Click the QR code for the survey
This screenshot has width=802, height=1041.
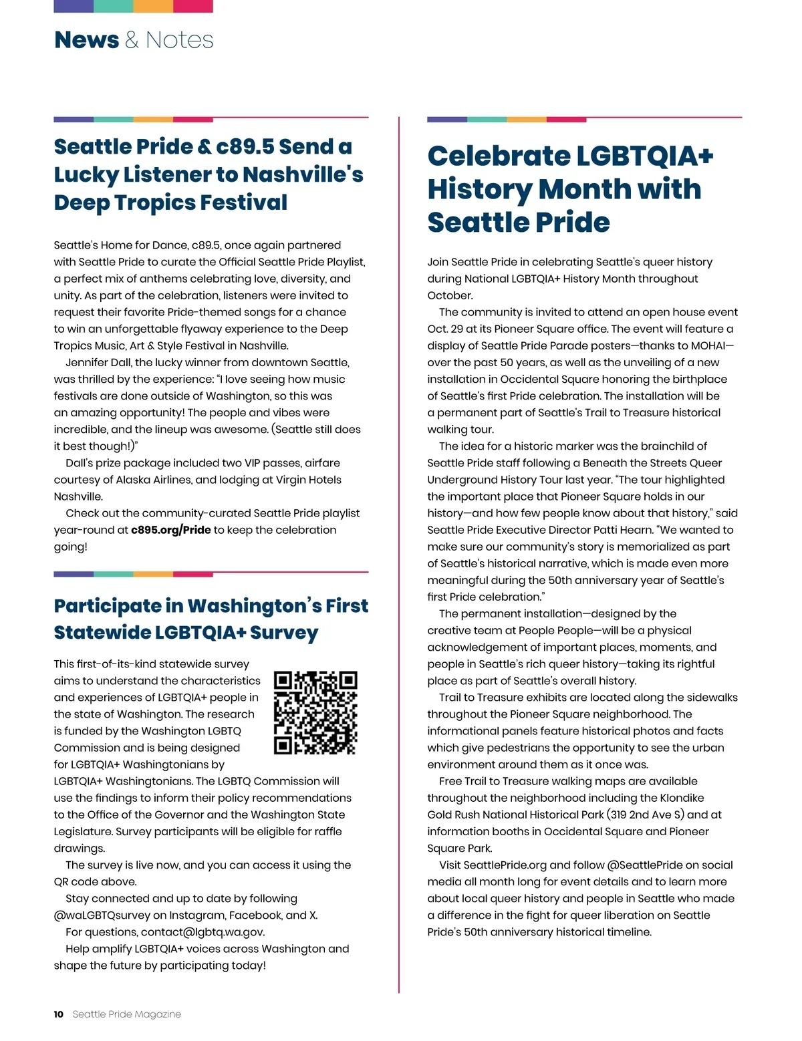click(x=315, y=712)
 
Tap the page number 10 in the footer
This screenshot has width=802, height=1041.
click(x=59, y=1014)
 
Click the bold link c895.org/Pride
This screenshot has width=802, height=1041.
click(x=171, y=530)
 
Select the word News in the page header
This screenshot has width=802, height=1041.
click(x=86, y=40)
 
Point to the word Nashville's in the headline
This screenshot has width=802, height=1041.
click(x=303, y=174)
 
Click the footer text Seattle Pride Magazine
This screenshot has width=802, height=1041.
click(x=127, y=1014)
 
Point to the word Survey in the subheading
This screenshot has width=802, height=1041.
click(x=284, y=633)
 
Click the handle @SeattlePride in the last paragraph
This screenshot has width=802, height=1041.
click(x=646, y=865)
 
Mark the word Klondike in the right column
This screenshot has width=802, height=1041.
click(x=682, y=798)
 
